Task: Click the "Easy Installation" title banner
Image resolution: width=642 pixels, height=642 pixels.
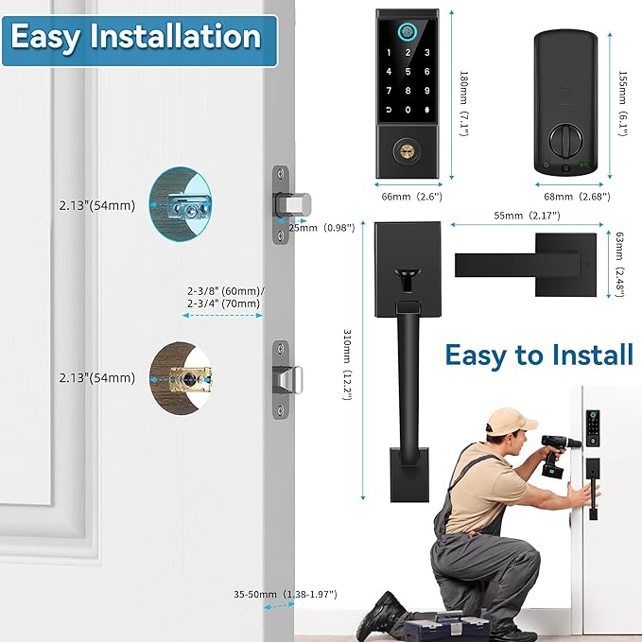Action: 135,37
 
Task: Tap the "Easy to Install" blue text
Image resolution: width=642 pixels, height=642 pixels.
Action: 538,356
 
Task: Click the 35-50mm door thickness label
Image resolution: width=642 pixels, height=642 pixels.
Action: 285,595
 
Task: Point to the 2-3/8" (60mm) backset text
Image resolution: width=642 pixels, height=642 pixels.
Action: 225,291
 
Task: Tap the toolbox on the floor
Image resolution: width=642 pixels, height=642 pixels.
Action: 442,623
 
